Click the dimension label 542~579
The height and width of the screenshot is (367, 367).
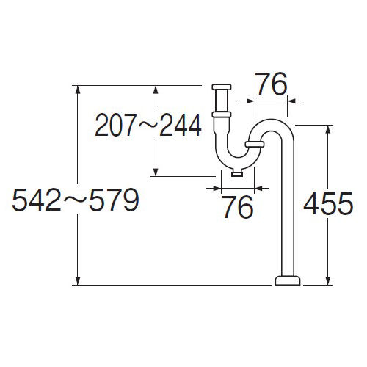click(76, 200)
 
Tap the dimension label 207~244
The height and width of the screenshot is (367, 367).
click(148, 126)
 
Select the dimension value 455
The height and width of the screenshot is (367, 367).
click(328, 203)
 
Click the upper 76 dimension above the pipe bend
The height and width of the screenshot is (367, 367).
click(272, 84)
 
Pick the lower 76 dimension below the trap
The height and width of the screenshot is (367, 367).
click(239, 207)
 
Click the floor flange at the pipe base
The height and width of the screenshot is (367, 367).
click(288, 280)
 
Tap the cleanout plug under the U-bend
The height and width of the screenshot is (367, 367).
click(237, 173)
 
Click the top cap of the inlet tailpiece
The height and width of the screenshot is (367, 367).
click(222, 87)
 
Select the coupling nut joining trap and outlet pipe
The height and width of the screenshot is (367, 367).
click(255, 144)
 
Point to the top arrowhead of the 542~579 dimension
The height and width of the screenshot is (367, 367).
click(78, 90)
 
